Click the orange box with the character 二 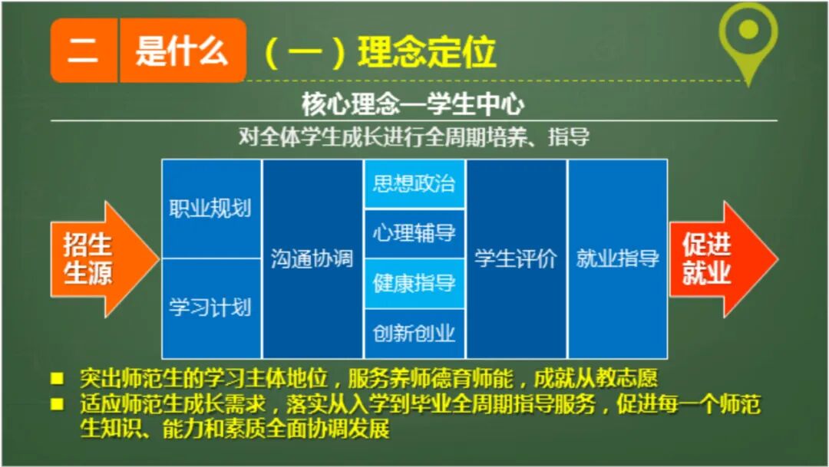pos(84,51)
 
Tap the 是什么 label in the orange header pos(183,51)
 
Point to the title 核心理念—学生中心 pos(414,104)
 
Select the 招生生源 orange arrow pos(97,259)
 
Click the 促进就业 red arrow pos(714,259)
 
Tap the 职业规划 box pos(210,209)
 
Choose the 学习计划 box pos(210,308)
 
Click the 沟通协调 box pos(312,258)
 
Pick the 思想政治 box pos(414,184)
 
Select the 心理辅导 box pos(414,234)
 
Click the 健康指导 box pos(414,284)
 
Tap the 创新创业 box pos(414,334)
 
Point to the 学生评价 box pos(516,258)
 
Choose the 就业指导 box pos(617,258)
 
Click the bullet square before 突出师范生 pos(57,379)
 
